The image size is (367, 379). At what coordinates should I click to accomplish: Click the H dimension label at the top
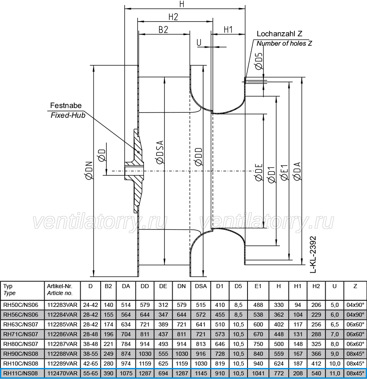pos(182,4)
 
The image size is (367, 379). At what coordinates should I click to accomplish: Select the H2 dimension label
pos(173,17)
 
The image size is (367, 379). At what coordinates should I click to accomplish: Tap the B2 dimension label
pos(163,30)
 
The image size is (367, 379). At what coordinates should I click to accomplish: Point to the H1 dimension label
pos(228,29)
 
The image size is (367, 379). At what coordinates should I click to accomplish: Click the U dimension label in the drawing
pos(199,42)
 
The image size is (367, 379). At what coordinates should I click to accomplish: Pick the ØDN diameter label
pos(89,170)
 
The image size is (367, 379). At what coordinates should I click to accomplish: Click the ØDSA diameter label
pos(160,152)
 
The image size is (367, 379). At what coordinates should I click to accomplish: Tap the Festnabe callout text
pos(66,106)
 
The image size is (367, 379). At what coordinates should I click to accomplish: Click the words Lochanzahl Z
pos(279,33)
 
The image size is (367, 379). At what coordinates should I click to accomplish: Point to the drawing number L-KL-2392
pos(313,255)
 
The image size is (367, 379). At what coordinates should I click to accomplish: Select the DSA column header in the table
pos(201,286)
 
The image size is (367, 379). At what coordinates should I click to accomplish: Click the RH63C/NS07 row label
pos(20,324)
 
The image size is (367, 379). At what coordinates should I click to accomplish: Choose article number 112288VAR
pos(62,354)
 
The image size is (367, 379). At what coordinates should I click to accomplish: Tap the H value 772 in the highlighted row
pos(279,373)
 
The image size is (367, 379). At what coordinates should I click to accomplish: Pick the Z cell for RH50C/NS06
pos(355,305)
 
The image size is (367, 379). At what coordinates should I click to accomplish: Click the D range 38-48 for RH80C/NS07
pos(91,344)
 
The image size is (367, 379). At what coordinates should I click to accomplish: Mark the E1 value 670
pos(258,334)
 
